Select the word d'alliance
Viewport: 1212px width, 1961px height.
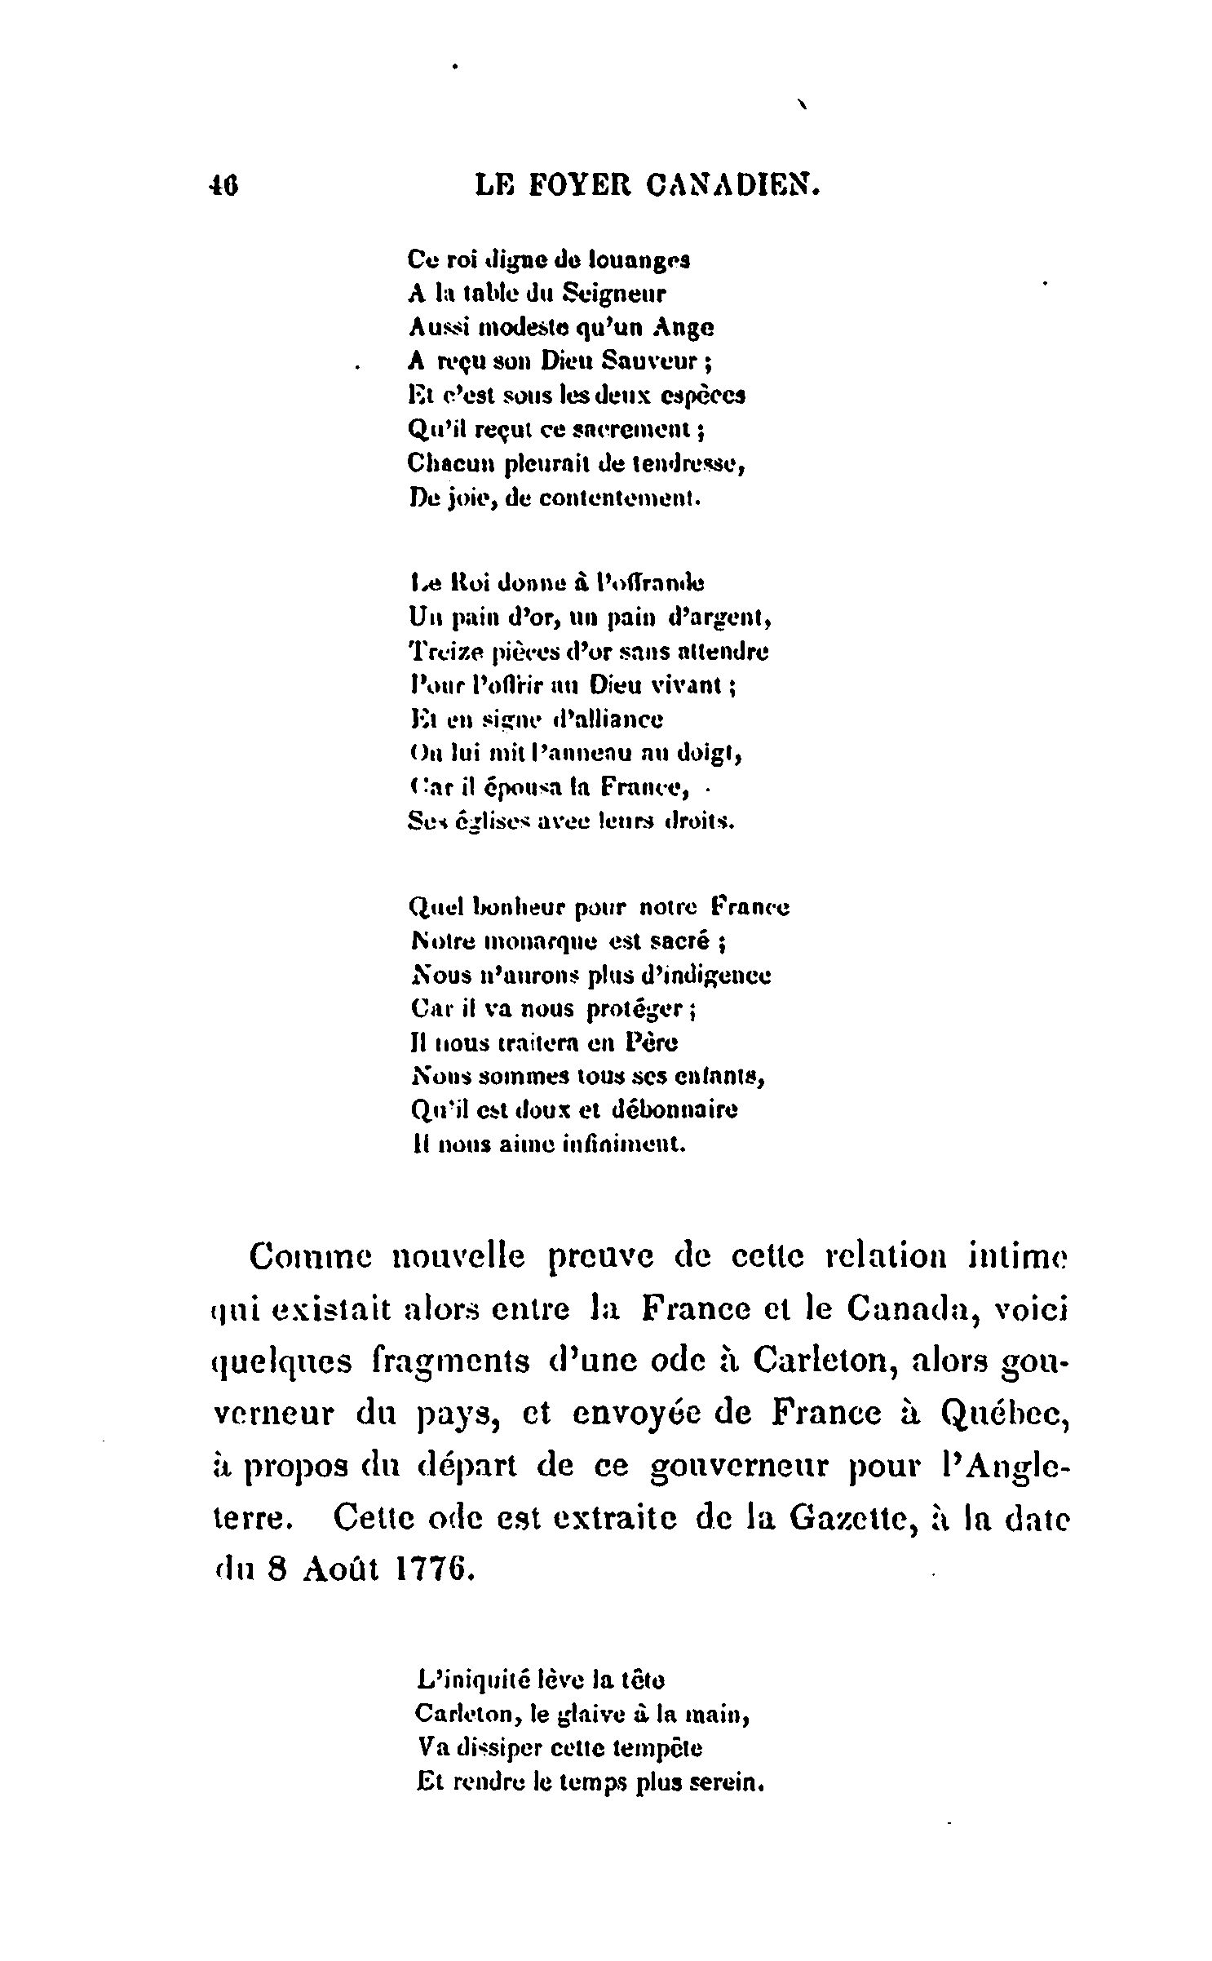[608, 719]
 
